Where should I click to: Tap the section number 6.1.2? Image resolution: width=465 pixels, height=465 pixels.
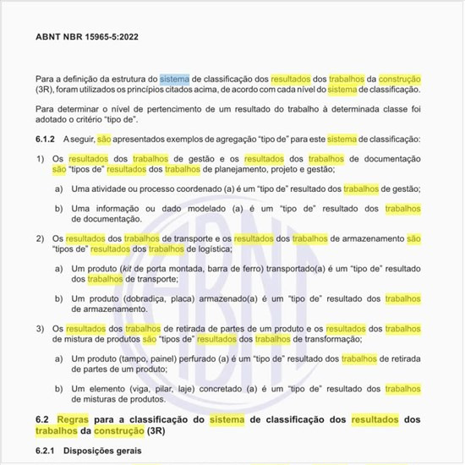coord(45,138)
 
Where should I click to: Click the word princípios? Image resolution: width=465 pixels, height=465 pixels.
coord(165,89)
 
